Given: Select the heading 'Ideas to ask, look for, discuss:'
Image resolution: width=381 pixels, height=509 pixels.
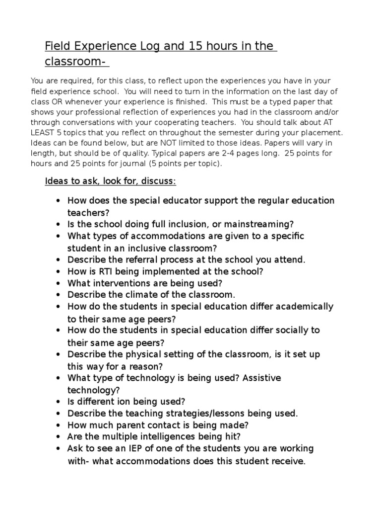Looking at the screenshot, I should pyautogui.click(x=110, y=181).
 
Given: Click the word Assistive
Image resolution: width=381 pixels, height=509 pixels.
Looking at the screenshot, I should pyautogui.click(x=262, y=378).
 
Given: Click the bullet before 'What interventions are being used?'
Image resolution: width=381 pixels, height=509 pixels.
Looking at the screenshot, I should pyautogui.click(x=59, y=283).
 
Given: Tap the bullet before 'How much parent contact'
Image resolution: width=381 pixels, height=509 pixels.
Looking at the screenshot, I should pyautogui.click(x=59, y=425).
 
